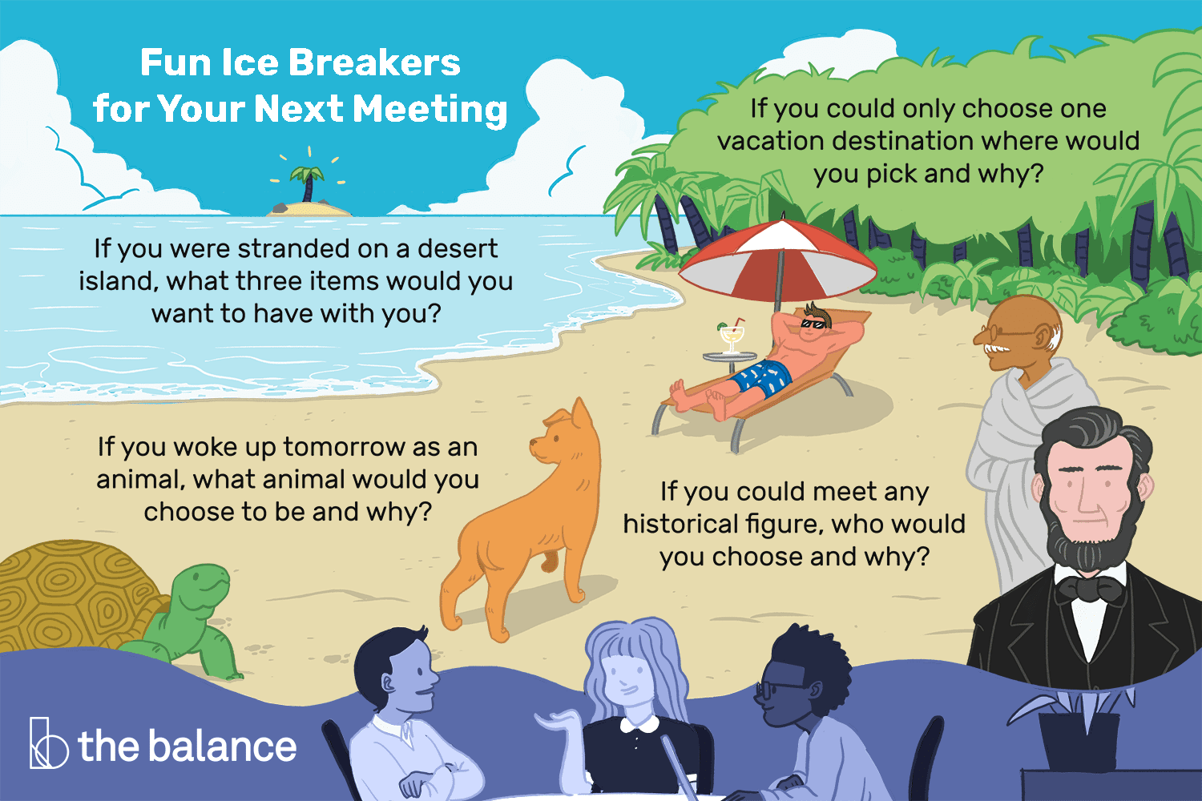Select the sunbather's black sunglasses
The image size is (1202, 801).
pyautogui.click(x=817, y=323)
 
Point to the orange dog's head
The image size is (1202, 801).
pyautogui.click(x=561, y=437)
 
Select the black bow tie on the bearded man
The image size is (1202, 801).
pyautogui.click(x=1087, y=590)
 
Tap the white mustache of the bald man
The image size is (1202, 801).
pyautogui.click(x=998, y=349)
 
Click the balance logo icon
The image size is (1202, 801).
pyautogui.click(x=47, y=743)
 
